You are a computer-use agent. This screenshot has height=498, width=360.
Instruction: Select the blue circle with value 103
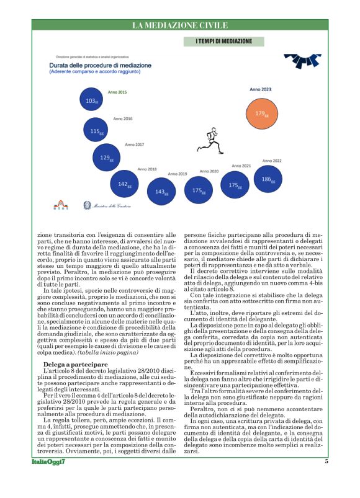pos(91,100)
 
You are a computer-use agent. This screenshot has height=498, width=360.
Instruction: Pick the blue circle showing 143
pos(160,192)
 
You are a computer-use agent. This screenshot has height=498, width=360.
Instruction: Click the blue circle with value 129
pos(107,158)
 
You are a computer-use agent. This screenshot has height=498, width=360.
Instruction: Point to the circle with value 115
pos(96,131)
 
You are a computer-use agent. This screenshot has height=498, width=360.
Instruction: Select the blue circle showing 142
pos(124,184)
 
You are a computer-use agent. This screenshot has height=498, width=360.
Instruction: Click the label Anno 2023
pos(260,89)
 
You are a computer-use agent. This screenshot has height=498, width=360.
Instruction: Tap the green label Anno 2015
pos(117,92)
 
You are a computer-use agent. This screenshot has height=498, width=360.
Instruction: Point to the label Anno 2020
pos(209,171)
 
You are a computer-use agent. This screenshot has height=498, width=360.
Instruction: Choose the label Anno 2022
pos(272,161)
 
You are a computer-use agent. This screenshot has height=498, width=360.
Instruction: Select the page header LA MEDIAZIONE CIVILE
pos(179,25)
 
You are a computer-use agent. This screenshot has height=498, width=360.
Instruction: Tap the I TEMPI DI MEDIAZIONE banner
pos(223,41)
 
